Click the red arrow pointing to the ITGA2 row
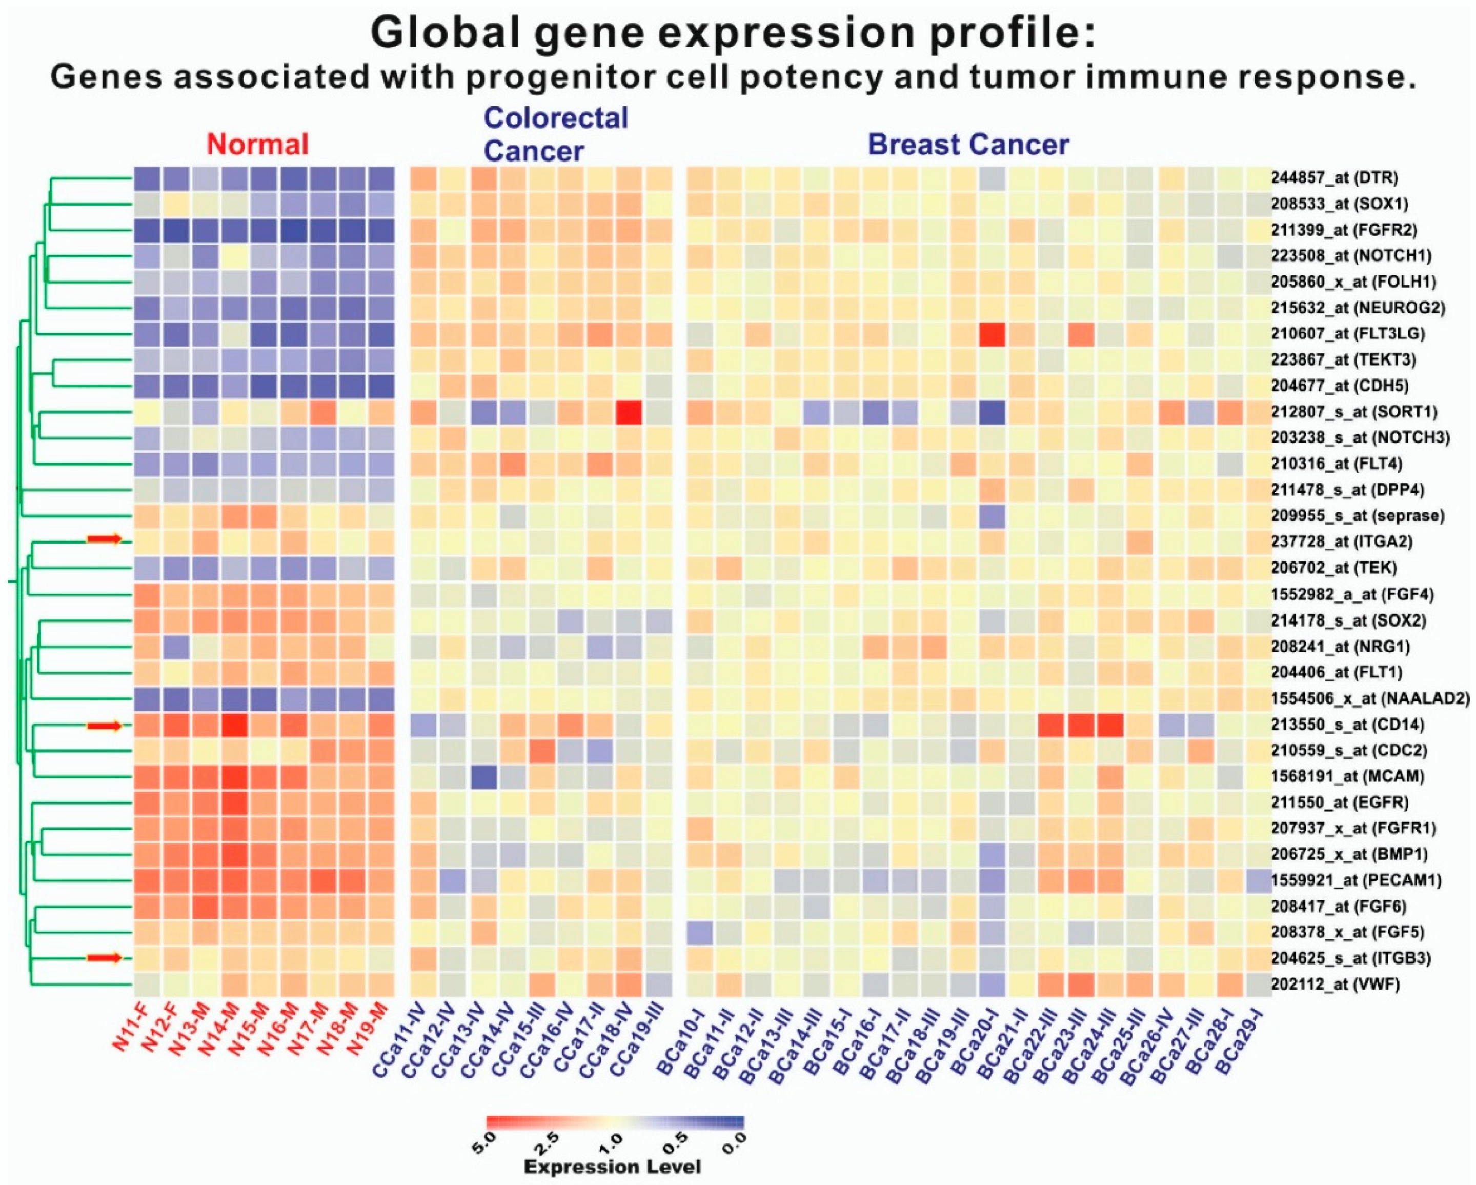point(104,540)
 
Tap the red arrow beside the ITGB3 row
point(104,958)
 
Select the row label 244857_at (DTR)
point(1333,178)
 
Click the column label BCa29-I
point(1239,1034)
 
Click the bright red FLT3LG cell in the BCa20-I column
point(992,334)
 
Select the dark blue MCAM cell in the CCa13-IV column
point(483,776)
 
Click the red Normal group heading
point(257,145)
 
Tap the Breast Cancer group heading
point(968,145)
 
